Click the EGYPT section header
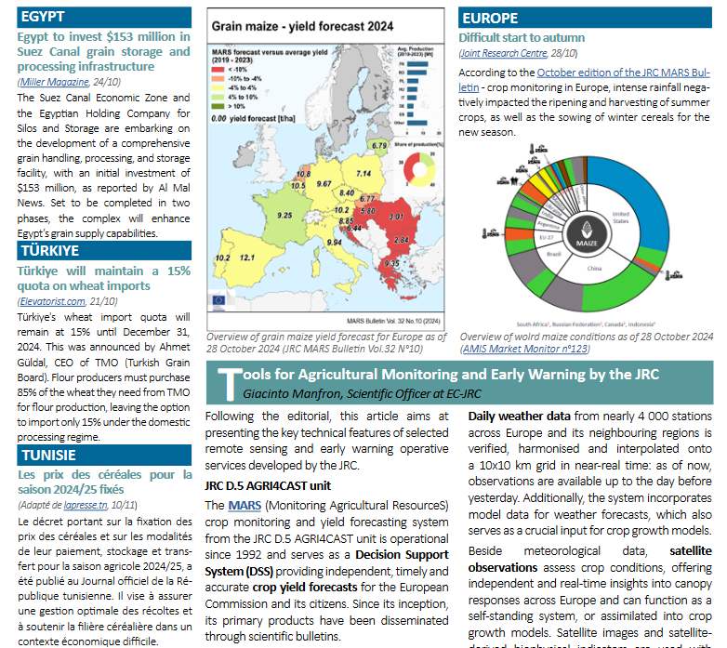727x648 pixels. [x=44, y=18]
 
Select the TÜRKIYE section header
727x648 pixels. [x=49, y=250]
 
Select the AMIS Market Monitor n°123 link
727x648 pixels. [x=524, y=349]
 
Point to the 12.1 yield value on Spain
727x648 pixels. [x=247, y=258]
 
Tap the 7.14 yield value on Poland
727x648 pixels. [x=363, y=174]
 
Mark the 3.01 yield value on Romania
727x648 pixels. [x=395, y=217]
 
